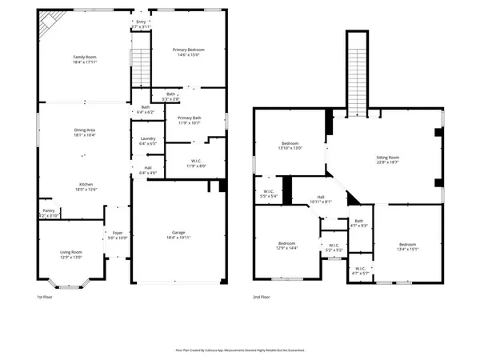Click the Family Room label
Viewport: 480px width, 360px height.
(x=85, y=58)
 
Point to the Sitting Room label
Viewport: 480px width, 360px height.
(x=387, y=158)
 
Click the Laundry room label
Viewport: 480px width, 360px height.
(x=147, y=138)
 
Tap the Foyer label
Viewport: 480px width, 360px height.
(x=118, y=232)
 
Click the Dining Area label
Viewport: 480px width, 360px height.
(x=85, y=130)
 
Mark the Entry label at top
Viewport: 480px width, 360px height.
(x=142, y=22)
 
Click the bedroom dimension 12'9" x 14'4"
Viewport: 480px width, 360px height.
(x=287, y=248)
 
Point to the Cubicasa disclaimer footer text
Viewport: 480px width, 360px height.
(x=239, y=350)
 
